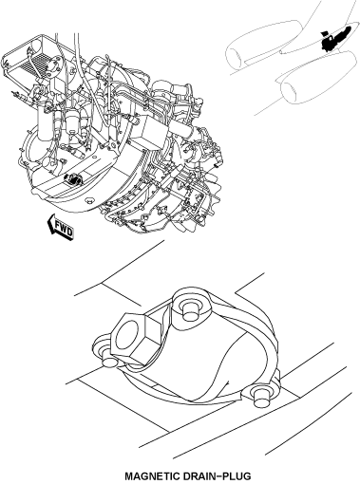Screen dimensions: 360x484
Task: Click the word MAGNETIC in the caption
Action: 152,476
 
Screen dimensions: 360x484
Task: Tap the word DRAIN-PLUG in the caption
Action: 217,476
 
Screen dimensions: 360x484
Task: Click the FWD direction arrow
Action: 61,226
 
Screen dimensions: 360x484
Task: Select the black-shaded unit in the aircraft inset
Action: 334,38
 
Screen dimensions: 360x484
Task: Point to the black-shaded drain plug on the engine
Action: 72,179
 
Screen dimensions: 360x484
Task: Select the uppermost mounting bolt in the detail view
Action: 189,309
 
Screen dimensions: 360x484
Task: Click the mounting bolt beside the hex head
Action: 109,360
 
